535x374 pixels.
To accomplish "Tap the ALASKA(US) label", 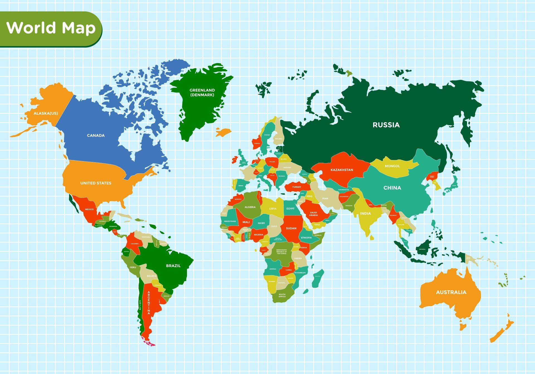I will click(x=46, y=113).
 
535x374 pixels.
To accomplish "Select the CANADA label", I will click(x=96, y=136).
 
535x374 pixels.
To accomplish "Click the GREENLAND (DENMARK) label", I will click(x=202, y=92).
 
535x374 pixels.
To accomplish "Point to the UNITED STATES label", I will click(x=96, y=183).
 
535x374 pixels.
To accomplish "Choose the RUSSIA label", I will click(x=386, y=125).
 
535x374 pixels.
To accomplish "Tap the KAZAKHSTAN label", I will click(x=342, y=170).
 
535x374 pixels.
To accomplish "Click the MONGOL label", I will click(x=392, y=166).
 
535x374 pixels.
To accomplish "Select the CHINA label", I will click(x=392, y=188).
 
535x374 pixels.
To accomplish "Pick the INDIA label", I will click(x=365, y=213).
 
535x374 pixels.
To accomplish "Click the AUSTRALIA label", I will click(x=451, y=292).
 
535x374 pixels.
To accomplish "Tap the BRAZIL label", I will click(x=173, y=266).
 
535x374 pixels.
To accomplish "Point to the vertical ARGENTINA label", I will click(x=149, y=303).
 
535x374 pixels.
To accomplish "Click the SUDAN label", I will click(x=291, y=228).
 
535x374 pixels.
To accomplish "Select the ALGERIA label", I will click(x=250, y=207).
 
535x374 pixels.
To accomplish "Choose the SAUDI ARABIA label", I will click(x=313, y=214).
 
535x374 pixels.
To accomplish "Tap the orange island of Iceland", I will click(x=223, y=132).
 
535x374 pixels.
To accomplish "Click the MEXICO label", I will click(x=89, y=209).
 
